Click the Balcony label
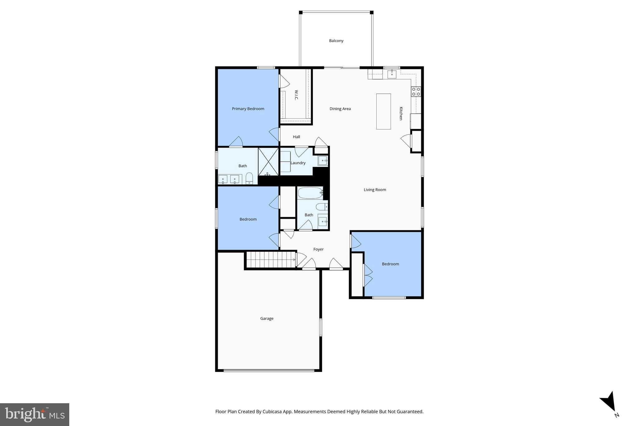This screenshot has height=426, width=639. click(x=336, y=41)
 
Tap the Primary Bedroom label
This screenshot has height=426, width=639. click(x=248, y=109)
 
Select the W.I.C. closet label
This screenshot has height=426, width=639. click(x=296, y=95)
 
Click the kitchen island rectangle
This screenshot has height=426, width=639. click(x=383, y=111)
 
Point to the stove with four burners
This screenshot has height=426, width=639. click(x=416, y=91)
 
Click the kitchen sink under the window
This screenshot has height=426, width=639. click(x=392, y=74)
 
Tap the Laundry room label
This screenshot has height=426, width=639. click(x=298, y=163)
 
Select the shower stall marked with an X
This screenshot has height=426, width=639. click(x=268, y=162)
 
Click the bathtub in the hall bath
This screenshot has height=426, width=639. click(x=310, y=193)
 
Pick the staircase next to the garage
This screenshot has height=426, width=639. click(x=271, y=260)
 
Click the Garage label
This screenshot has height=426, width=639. click(x=267, y=318)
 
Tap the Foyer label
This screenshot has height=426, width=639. click(x=318, y=249)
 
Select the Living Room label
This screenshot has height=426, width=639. click(x=375, y=189)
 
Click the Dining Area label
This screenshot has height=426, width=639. click(x=340, y=109)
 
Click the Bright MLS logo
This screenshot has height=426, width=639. click(x=35, y=414)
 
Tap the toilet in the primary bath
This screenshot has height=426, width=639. click(x=249, y=179)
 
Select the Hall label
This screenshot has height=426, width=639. click(x=296, y=137)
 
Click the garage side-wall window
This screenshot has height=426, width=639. click(x=320, y=327)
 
